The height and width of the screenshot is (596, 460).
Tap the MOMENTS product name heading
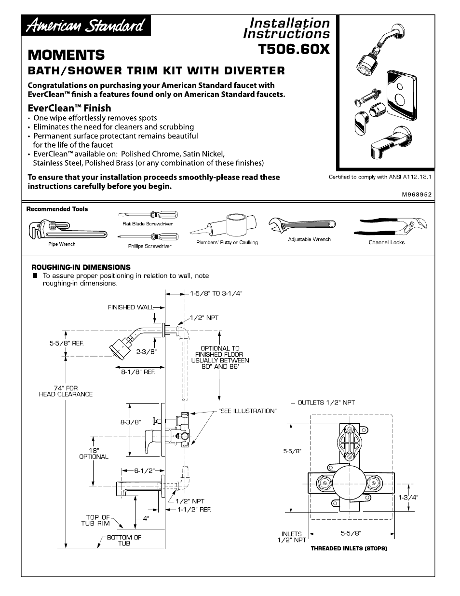[66, 54]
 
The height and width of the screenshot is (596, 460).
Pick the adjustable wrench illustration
[302, 225]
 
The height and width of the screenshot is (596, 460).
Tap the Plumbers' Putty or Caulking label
[227, 242]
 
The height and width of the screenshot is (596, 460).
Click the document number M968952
[416, 195]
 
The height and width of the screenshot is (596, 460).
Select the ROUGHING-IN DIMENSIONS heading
[81, 267]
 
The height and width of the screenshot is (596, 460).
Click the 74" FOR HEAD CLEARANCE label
[66, 391]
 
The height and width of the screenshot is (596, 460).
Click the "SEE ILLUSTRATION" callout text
[247, 411]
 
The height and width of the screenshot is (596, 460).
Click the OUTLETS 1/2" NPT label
[326, 402]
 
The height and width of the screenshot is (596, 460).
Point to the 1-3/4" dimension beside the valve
[408, 497]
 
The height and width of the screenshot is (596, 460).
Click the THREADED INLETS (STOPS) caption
[349, 549]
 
